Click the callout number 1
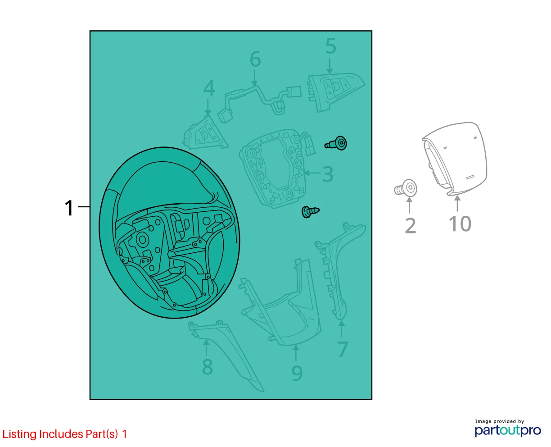(x=69, y=208)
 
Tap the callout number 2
(x=411, y=226)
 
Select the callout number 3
(x=328, y=174)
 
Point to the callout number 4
(x=209, y=88)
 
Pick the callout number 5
(x=331, y=46)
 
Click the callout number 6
(x=255, y=59)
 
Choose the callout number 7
(x=343, y=349)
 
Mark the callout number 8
(x=208, y=367)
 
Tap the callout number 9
(x=297, y=373)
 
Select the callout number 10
(x=460, y=223)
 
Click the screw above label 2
(x=405, y=188)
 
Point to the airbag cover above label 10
(x=455, y=159)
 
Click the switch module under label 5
(x=335, y=92)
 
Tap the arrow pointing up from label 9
(x=296, y=353)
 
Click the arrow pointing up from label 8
(x=206, y=347)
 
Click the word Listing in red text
(x=19, y=434)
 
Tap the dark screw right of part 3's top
(x=336, y=143)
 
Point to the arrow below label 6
(x=254, y=78)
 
